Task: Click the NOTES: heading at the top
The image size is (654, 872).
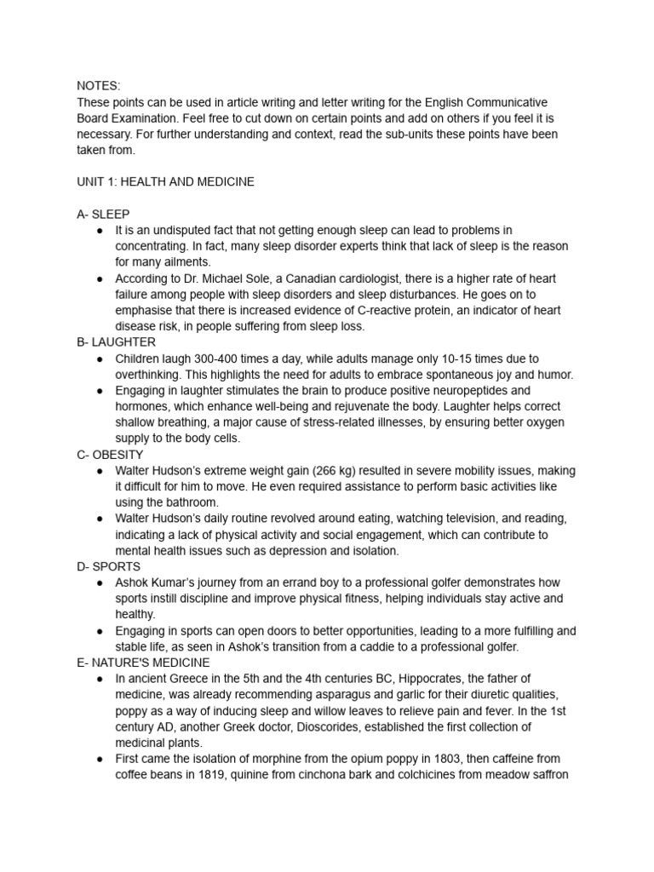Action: [x=99, y=86]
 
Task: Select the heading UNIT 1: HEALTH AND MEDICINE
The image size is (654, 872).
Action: [x=165, y=181]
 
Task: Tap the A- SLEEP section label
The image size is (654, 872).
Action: [x=103, y=214]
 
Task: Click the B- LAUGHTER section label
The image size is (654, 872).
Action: [x=116, y=342]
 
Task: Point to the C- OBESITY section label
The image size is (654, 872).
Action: [x=110, y=455]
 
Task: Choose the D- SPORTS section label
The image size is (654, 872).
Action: [x=109, y=566]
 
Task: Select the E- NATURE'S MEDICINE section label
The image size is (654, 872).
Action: [x=143, y=662]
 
